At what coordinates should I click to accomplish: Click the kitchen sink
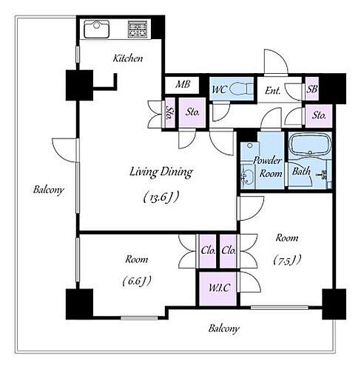click(96, 30)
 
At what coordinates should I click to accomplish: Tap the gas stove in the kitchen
click(138, 30)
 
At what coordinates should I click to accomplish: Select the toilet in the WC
click(241, 89)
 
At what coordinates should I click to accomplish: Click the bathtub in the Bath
click(310, 144)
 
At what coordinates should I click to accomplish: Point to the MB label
click(183, 84)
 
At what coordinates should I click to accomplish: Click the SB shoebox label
click(312, 89)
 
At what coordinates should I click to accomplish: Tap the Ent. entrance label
click(272, 91)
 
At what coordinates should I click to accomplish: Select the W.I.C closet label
click(219, 288)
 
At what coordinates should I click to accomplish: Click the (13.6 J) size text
click(161, 197)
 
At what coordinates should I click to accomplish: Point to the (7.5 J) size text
click(287, 260)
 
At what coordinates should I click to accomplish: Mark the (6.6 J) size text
click(137, 281)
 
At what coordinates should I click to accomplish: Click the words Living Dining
click(161, 172)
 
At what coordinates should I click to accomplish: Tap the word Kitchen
click(128, 58)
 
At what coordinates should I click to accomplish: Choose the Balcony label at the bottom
click(223, 328)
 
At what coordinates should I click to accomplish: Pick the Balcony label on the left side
click(49, 190)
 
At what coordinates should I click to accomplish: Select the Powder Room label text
click(269, 167)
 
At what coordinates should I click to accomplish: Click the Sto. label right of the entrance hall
click(319, 115)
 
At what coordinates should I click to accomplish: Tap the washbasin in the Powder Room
click(247, 176)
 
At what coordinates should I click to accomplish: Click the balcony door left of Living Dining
click(64, 150)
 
